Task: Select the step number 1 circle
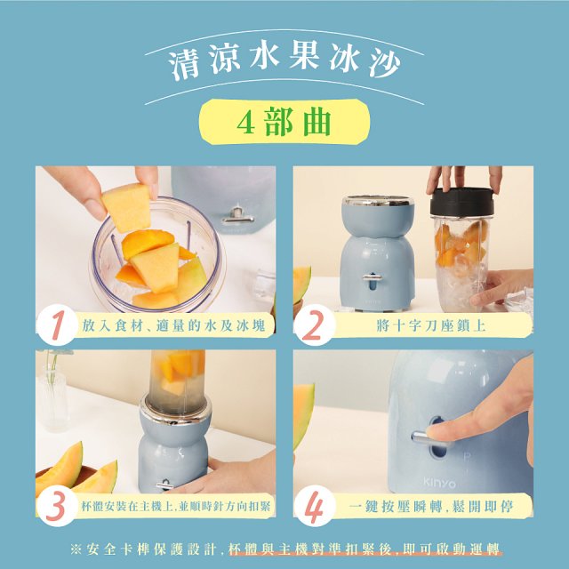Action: click(x=59, y=325)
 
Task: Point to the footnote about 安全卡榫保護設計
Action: click(x=284, y=546)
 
